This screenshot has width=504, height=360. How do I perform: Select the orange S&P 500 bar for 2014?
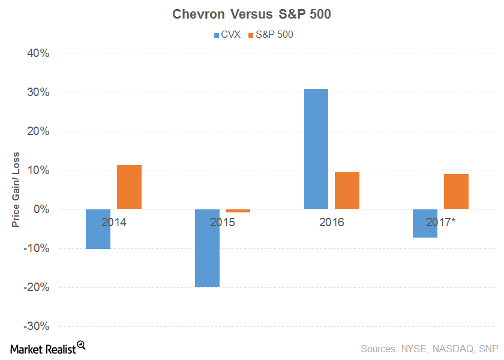tap(129, 187)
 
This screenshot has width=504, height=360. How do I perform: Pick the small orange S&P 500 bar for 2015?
tap(238, 211)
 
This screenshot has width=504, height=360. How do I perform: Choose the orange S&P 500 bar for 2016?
tap(347, 190)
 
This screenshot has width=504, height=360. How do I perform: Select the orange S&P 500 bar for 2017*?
tap(456, 191)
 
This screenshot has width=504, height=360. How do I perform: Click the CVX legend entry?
tap(227, 35)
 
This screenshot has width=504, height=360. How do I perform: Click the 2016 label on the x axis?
tap(331, 223)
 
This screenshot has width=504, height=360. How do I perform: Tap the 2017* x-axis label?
tap(442, 223)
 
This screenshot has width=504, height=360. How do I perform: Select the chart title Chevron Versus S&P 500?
tap(251, 14)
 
